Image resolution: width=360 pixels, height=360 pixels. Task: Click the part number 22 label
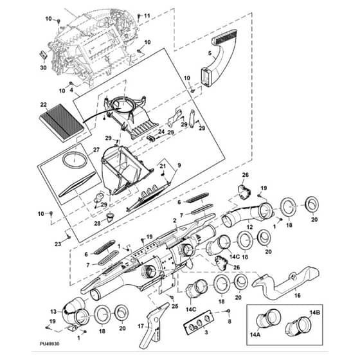[x=44, y=105]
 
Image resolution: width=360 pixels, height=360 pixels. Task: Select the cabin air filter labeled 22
[x=62, y=123]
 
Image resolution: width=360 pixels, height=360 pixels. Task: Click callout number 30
[x=44, y=67]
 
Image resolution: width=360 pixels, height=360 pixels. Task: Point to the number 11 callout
[x=147, y=15]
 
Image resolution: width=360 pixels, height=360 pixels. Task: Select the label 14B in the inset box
[x=315, y=312]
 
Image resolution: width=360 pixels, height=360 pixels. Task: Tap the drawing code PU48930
[x=50, y=344]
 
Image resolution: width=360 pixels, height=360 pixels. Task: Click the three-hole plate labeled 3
[x=199, y=321]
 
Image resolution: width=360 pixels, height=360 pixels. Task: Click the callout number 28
[x=97, y=223]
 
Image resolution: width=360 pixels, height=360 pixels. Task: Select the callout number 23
[x=58, y=244]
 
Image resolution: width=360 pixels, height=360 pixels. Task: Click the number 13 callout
[x=53, y=312]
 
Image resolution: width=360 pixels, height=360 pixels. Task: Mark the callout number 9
[x=179, y=165]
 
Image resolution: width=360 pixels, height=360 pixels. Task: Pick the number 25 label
[x=175, y=306]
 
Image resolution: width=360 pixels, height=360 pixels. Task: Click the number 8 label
[x=230, y=321]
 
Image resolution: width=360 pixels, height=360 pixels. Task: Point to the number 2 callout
[x=175, y=221]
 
